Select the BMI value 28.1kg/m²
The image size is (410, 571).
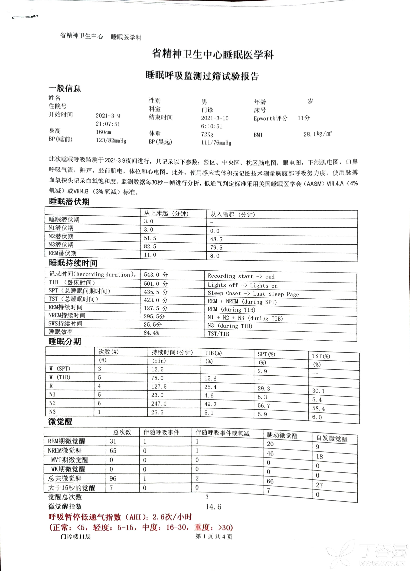(x=317, y=134)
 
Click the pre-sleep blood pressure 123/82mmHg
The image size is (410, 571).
(x=111, y=140)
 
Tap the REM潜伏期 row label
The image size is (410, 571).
(x=62, y=253)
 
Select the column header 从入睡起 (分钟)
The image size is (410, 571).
(x=232, y=214)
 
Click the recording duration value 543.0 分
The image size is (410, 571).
(x=156, y=275)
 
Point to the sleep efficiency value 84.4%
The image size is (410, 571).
(x=151, y=333)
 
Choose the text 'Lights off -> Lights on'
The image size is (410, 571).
(x=242, y=285)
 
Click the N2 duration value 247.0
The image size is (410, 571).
(x=159, y=404)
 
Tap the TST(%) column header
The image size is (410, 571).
(x=321, y=356)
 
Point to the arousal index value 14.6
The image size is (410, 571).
(x=213, y=507)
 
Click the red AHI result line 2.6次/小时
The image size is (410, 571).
(x=120, y=517)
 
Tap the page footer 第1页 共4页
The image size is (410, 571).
(x=214, y=536)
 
